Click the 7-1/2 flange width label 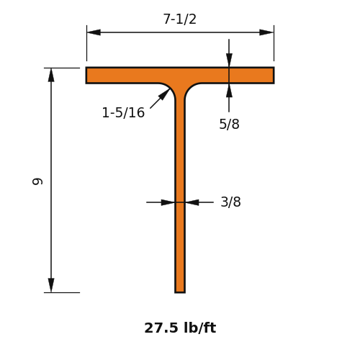click(180, 19)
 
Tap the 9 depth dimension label click(37, 181)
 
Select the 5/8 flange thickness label click(229, 124)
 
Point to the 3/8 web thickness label click(230, 202)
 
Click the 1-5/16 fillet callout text click(123, 112)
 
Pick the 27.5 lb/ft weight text click(180, 328)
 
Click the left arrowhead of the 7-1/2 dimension click(94, 32)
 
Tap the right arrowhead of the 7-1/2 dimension click(266, 32)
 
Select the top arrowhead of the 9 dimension click(51, 75)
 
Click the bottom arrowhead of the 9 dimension click(51, 285)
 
